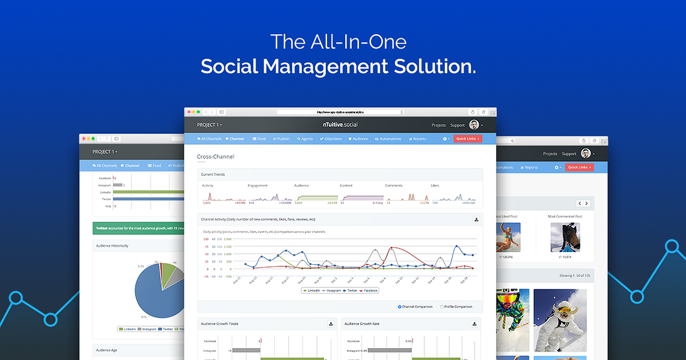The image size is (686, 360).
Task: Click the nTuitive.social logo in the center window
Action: point(340,125)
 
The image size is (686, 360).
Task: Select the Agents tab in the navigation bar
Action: point(305,139)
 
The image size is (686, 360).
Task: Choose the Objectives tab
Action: point(331,139)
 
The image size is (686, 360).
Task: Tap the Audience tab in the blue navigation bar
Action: point(358,139)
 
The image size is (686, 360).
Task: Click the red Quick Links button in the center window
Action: point(468,139)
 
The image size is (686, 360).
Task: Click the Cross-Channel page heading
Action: point(215,157)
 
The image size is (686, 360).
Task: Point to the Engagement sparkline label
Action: point(257,186)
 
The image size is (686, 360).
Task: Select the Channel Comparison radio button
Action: point(400,307)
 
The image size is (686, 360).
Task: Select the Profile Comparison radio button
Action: point(442,307)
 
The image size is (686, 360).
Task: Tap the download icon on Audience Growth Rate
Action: point(475,324)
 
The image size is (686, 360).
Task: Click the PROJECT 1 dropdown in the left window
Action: point(105,152)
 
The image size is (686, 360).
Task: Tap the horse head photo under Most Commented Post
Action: point(565,238)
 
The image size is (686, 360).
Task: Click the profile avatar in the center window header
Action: point(474,125)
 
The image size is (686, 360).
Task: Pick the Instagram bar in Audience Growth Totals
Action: point(246,350)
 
